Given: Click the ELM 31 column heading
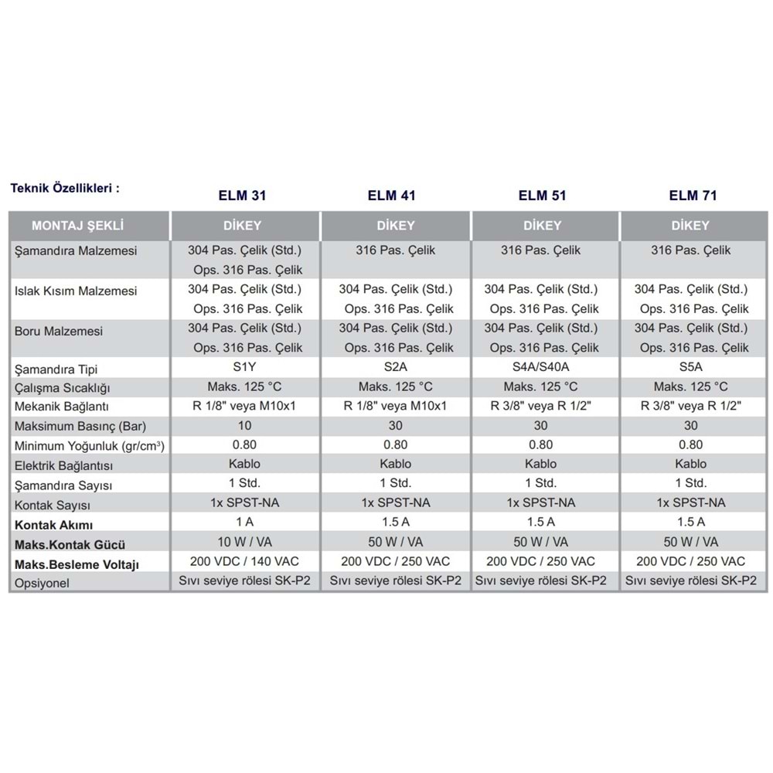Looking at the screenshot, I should point(243,196).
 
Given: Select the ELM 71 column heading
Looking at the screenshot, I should point(693,196).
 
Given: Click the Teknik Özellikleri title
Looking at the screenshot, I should point(65,188).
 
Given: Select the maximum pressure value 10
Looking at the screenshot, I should point(244,426).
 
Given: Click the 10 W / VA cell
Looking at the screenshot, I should point(244,542).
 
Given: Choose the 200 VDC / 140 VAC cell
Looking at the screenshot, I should point(244,561).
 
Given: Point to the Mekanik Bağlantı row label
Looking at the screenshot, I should point(62,407).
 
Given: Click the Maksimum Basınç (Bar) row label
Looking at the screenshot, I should point(80,426).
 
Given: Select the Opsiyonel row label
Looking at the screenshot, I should point(42,583).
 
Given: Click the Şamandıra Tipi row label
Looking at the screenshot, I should point(56,369).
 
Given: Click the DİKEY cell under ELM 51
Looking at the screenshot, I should point(544,226).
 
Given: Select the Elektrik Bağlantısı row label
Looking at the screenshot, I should point(64,465).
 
